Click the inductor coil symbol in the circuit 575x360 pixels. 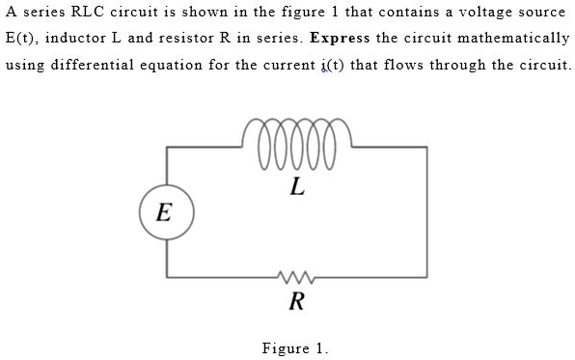pos(297,144)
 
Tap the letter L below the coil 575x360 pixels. pos(297,188)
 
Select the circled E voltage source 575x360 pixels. pos(166,212)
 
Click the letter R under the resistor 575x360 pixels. pos(296,302)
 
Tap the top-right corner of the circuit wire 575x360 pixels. pos(426,147)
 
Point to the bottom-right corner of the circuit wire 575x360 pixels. pos(426,278)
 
